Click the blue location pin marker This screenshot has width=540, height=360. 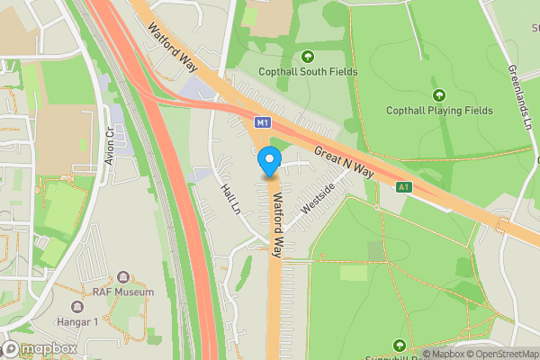(268, 162)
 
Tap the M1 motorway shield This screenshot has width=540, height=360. (262, 121)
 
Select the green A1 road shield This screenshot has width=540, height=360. (404, 187)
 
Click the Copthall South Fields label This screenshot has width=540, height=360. (307, 72)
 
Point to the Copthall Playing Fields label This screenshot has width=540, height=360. (439, 111)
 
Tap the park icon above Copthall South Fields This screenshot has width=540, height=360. (307, 56)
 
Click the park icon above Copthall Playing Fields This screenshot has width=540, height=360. (439, 94)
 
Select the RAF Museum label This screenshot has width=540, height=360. (124, 292)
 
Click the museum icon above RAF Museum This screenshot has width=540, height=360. (124, 276)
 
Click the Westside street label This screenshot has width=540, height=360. (318, 198)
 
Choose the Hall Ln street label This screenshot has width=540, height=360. (231, 200)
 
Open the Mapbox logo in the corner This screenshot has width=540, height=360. (39, 349)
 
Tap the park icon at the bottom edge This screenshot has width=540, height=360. (399, 345)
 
